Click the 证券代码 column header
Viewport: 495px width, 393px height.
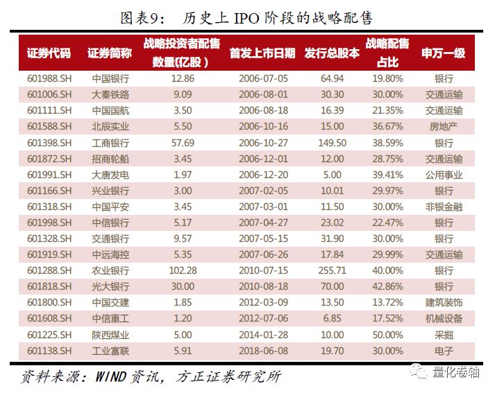[x=49, y=53]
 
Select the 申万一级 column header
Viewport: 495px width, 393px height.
[x=443, y=53]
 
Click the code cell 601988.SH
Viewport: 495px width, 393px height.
[x=49, y=78]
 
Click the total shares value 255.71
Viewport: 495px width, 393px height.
[x=333, y=270]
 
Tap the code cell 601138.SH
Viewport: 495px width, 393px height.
[x=49, y=351]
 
